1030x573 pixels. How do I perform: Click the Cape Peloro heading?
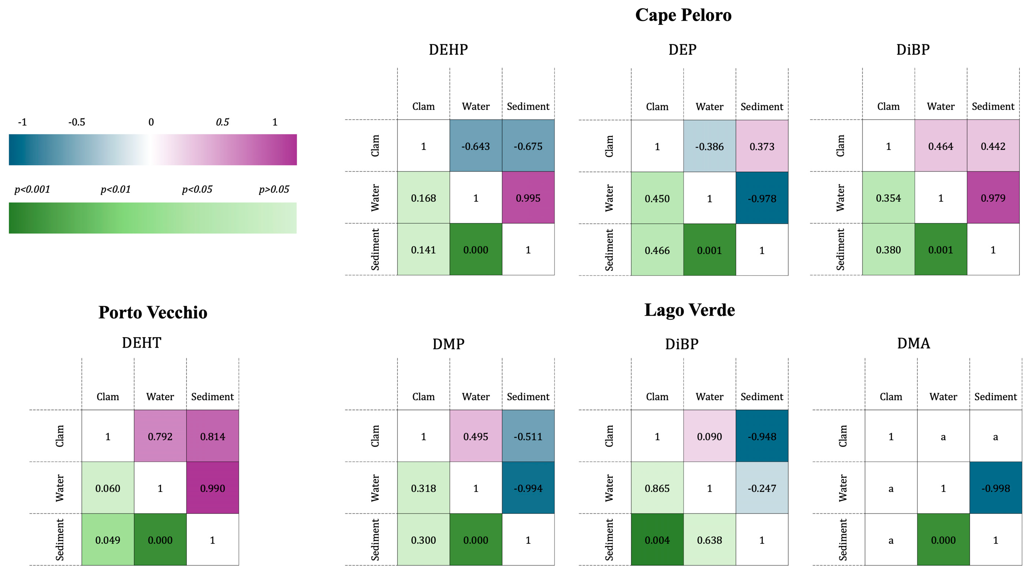tap(683, 15)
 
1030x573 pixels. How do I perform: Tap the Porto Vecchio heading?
tap(153, 312)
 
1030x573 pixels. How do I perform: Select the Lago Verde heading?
tap(689, 310)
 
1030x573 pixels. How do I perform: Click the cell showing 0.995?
tap(528, 198)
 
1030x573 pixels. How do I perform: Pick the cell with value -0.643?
tap(475, 146)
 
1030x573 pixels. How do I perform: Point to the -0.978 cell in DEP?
tap(762, 198)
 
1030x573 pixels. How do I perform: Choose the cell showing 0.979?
tap(993, 198)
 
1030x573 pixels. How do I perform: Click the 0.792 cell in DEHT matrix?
tap(160, 436)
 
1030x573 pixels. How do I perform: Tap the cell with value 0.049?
tap(107, 540)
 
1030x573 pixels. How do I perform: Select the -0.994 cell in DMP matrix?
tap(528, 488)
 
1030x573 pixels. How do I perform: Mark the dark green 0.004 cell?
tap(657, 540)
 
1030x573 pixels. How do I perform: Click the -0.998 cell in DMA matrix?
tap(995, 488)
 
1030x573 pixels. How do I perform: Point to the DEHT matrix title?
tap(141, 343)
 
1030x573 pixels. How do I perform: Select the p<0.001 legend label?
tap(32, 189)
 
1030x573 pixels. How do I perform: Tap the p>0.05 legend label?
tap(274, 189)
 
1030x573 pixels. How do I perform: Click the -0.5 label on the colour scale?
tap(76, 122)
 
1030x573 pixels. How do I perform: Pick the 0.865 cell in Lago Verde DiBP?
tap(657, 488)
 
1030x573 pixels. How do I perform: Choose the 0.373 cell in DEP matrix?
tap(762, 146)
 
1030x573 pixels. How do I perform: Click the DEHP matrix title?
tap(448, 50)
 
